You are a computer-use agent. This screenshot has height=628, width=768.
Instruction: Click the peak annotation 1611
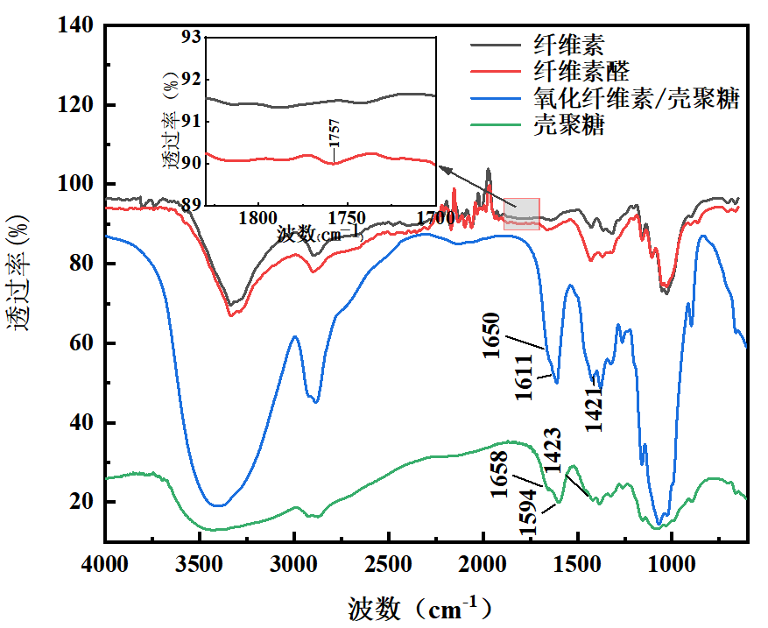[524, 378]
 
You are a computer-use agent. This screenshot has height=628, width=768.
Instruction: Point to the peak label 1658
[500, 474]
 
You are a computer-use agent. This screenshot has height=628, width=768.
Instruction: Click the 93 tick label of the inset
[188, 37]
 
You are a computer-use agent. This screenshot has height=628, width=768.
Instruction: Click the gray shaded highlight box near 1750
[522, 214]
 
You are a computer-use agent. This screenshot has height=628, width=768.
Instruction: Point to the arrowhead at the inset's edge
[440, 168]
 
